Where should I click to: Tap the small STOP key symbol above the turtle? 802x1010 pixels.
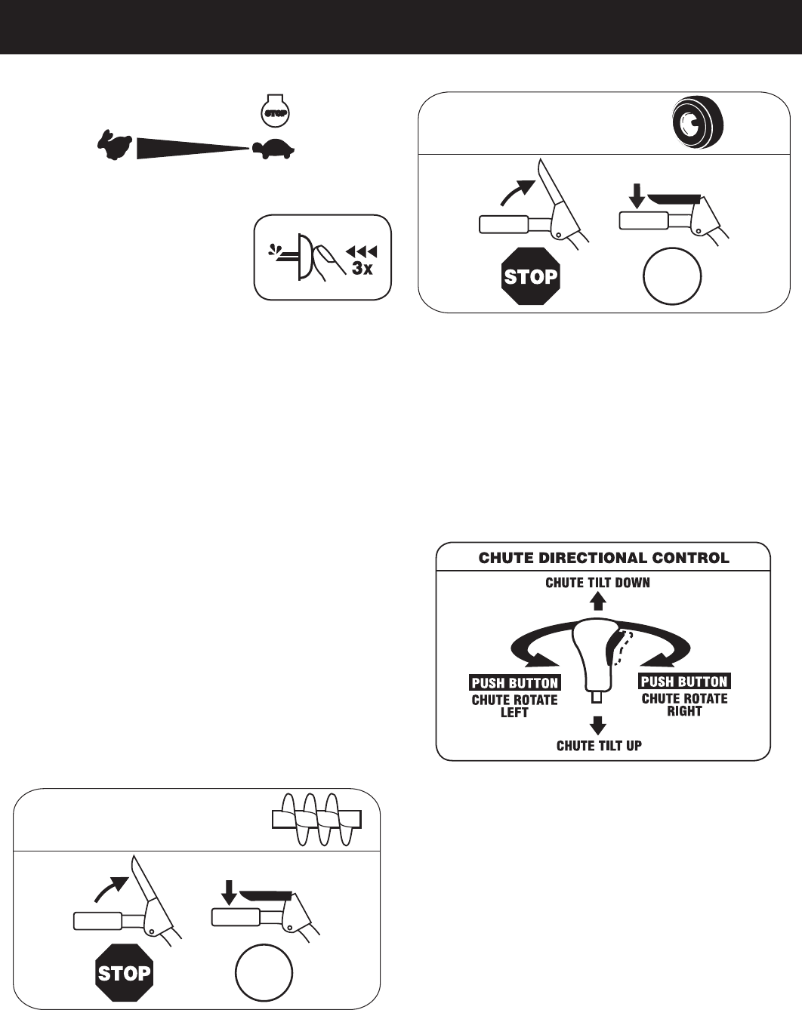[271, 110]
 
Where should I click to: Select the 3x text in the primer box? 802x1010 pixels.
[362, 269]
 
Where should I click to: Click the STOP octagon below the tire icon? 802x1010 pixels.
[531, 277]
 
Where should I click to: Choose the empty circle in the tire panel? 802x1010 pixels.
[673, 276]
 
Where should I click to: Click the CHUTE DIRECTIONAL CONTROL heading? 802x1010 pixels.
[603, 559]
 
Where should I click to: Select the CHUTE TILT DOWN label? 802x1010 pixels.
[598, 582]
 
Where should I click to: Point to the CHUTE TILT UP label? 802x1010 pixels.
[599, 746]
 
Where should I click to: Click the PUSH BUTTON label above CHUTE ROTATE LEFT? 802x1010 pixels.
[514, 683]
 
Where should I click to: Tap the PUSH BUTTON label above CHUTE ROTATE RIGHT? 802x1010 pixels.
[684, 682]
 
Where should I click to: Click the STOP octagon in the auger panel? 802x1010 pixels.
[124, 972]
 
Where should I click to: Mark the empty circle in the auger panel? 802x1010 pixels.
[264, 973]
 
